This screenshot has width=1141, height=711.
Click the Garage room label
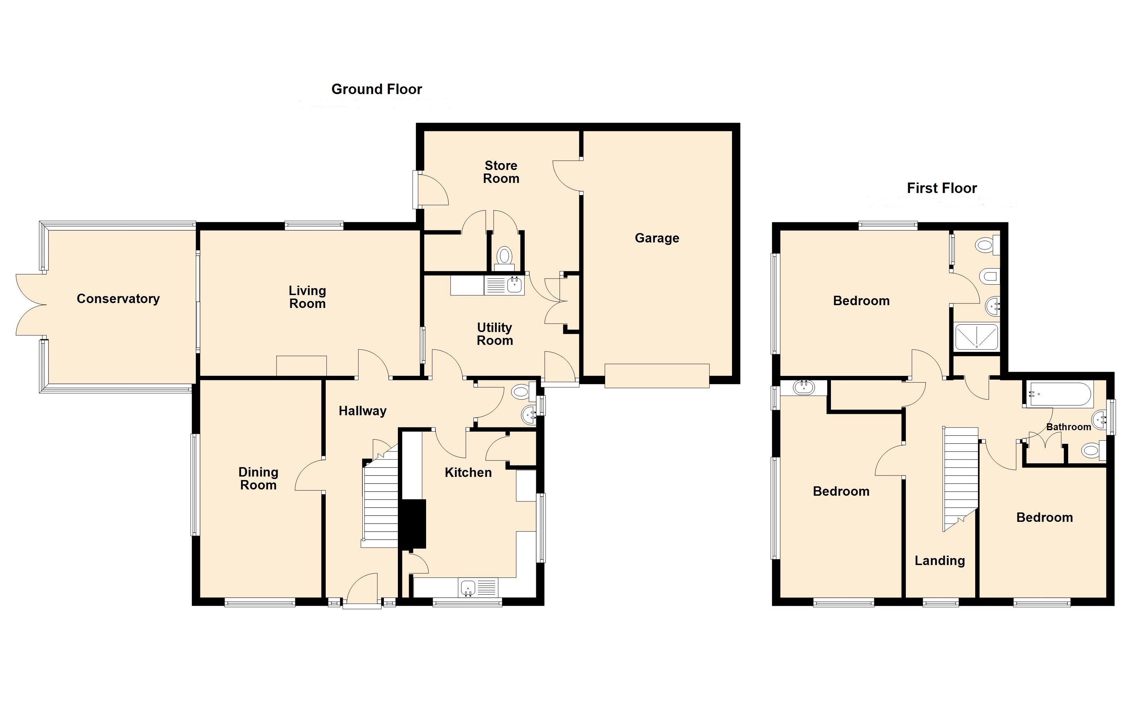(657, 238)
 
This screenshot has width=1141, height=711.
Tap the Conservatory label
(118, 299)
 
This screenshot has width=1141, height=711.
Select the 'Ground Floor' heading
(377, 89)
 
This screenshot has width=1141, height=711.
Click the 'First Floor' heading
(942, 188)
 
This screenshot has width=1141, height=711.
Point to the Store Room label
(501, 172)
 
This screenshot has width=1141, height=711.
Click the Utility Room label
(494, 334)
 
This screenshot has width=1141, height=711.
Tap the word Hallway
(363, 411)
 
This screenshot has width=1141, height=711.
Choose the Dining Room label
(258, 479)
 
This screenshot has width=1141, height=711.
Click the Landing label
(940, 561)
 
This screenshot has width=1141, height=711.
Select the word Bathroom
(1069, 427)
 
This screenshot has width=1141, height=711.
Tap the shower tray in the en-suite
(976, 337)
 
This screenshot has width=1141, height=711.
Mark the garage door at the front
(657, 376)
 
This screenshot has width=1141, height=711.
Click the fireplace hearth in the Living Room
(301, 366)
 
